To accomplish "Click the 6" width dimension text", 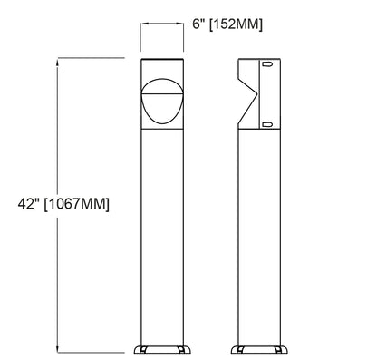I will click(199, 24).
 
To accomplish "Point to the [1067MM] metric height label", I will click(78, 205).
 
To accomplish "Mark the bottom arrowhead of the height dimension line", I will click(59, 348).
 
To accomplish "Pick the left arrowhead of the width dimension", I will click(141, 25).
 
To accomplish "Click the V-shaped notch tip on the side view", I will click(257, 95).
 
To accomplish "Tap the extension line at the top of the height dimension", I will click(91, 58).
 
